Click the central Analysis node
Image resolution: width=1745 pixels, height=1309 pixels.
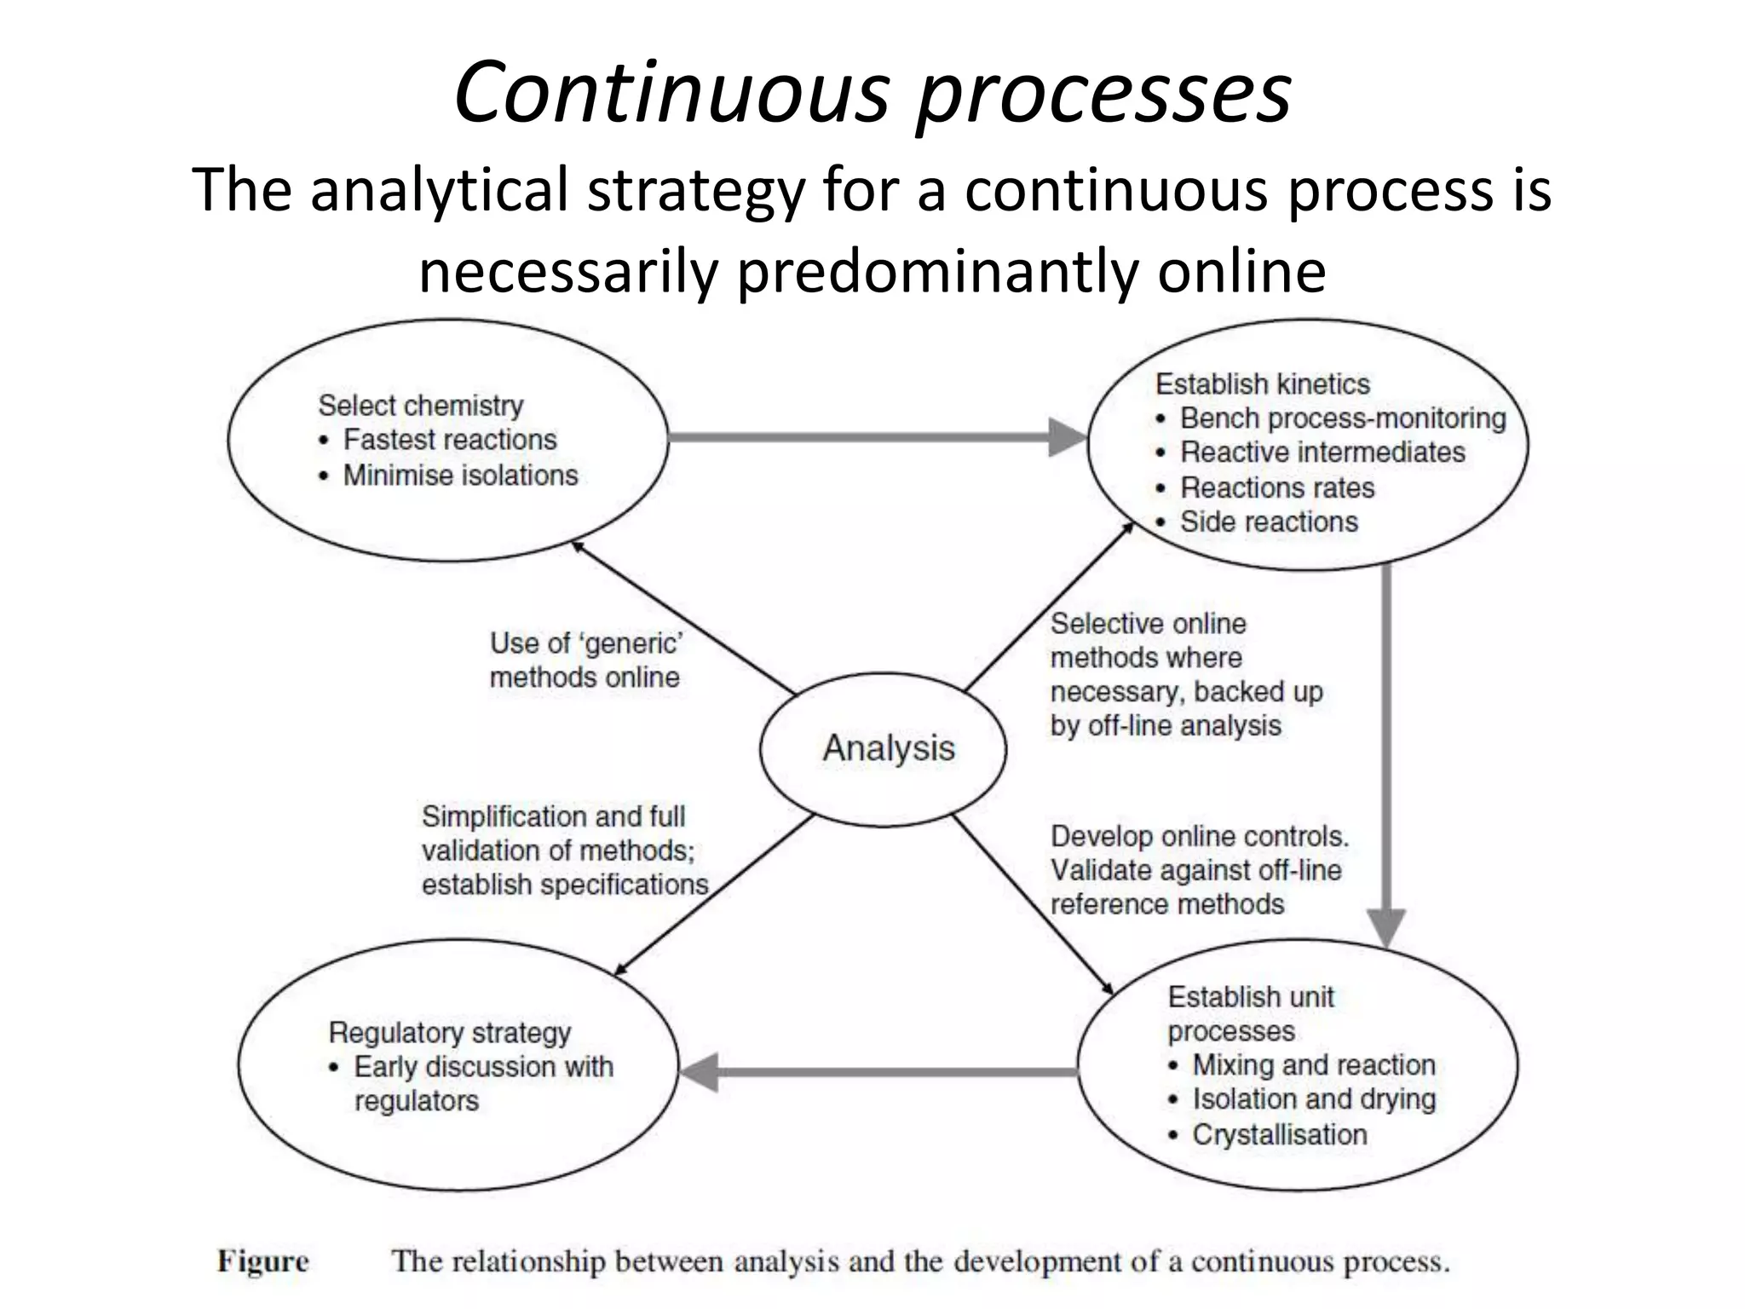point(888,748)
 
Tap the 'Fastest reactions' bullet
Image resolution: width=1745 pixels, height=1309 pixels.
point(449,440)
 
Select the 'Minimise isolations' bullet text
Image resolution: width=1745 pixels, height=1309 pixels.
point(460,475)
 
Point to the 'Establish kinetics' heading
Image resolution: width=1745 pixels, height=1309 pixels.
point(1262,384)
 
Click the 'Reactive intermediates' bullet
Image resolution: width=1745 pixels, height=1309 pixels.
point(1322,453)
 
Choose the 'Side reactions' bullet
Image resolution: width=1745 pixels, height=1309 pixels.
point(1268,522)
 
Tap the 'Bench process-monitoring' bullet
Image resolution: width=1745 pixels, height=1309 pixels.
point(1342,418)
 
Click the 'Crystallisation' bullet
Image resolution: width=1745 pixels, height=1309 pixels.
point(1279,1134)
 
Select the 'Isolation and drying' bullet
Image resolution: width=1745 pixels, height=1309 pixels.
point(1313,1099)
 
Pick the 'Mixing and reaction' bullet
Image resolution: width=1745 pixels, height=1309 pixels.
point(1313,1065)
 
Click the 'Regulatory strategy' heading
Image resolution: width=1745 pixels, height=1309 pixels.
point(449,1033)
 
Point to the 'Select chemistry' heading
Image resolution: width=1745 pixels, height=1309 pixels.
point(421,406)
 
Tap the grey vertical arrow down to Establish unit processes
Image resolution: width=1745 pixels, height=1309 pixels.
point(1386,750)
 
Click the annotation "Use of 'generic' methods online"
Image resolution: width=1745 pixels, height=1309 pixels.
point(586,660)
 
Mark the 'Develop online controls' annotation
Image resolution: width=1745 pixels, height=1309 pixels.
point(1199,870)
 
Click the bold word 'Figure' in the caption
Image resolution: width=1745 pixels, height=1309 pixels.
point(262,1261)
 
